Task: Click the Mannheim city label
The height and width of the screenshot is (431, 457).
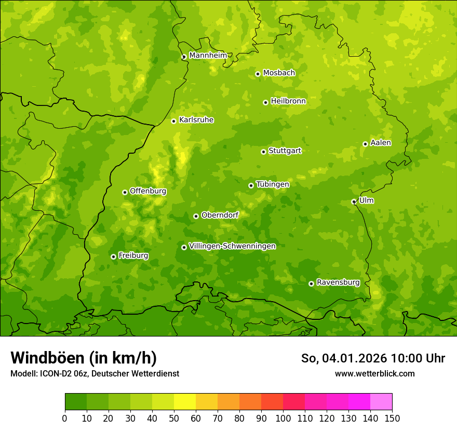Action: (208, 56)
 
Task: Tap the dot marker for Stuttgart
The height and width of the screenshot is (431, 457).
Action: (264, 152)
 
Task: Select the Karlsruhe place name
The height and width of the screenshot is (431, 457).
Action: (196, 120)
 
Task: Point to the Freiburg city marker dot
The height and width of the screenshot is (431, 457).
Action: (113, 257)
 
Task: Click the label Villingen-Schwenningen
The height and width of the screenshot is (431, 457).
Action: (232, 246)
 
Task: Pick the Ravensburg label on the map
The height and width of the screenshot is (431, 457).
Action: (338, 282)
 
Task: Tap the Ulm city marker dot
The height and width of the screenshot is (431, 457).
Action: (354, 201)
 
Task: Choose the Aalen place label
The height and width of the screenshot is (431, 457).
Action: (381, 143)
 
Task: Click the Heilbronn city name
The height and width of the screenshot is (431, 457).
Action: (288, 101)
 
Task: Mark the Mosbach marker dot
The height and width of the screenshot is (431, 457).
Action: (258, 74)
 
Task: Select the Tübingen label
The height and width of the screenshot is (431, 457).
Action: (273, 184)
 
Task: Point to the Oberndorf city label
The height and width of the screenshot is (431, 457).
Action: (220, 215)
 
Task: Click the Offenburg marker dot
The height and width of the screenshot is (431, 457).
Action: (125, 192)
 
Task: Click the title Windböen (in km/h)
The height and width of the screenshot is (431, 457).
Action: (83, 358)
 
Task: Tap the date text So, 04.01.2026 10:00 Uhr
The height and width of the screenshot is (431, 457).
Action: (373, 358)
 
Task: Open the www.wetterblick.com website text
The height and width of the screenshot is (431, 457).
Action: (374, 373)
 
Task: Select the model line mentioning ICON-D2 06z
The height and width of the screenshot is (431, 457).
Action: (95, 373)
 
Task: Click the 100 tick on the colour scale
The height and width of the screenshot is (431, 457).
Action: (283, 418)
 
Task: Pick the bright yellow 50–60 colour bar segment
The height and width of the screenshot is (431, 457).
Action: (185, 402)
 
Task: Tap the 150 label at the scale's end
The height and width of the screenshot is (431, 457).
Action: (392, 418)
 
